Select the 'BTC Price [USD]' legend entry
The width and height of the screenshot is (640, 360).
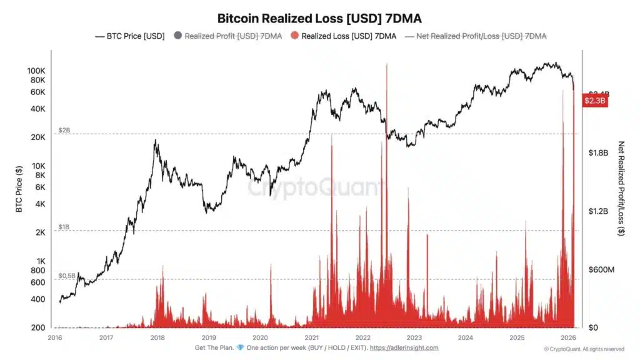tap(129, 36)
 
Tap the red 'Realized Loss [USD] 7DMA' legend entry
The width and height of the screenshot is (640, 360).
tap(343, 36)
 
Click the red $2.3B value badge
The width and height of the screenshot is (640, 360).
tap(595, 101)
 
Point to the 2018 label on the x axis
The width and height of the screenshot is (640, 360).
tap(157, 337)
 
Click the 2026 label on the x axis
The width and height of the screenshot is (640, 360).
tap(567, 337)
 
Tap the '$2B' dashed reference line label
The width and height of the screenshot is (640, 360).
tap(64, 130)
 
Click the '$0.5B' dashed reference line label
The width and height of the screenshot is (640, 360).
tap(67, 275)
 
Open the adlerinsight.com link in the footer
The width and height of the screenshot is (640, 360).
tap(405, 348)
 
